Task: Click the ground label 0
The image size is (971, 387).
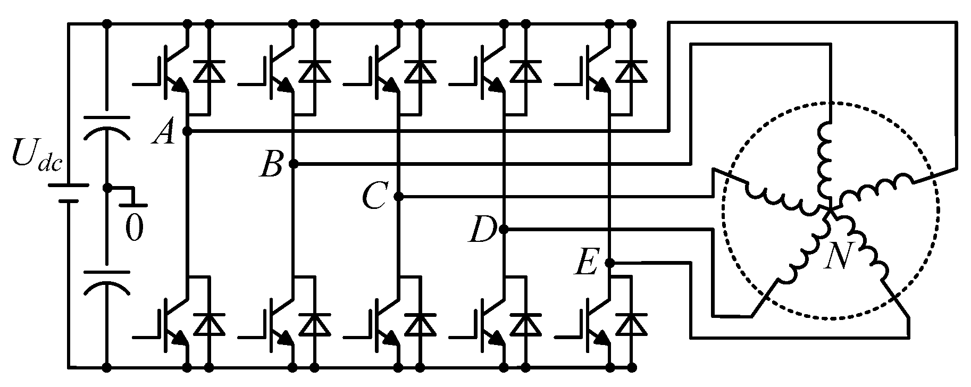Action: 134,229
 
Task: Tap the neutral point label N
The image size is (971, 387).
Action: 839,257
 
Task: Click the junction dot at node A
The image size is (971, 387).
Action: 187,131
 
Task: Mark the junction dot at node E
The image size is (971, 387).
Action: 610,263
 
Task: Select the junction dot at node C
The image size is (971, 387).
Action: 399,197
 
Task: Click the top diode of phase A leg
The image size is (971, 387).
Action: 209,71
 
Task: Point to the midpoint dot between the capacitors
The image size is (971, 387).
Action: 106,188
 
